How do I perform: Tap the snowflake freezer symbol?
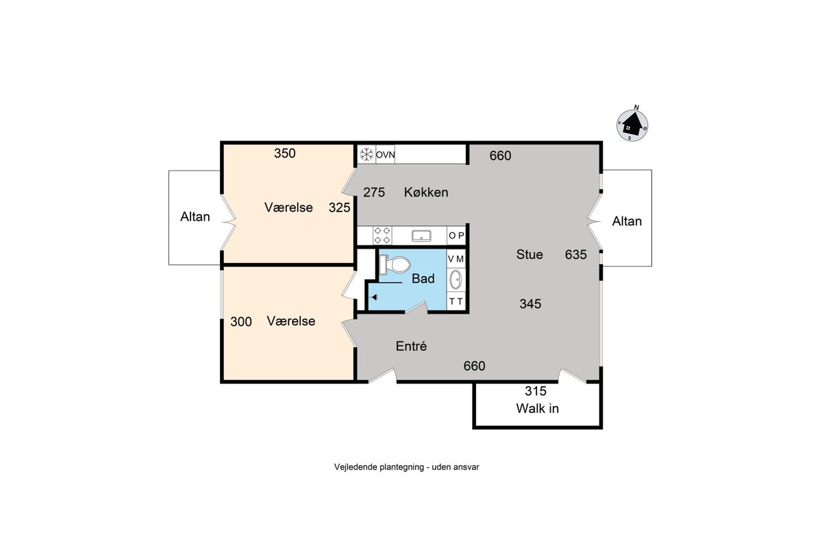tap(366, 154)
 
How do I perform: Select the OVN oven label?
tap(385, 155)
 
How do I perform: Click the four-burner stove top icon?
tap(382, 235)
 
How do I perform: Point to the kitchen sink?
tap(421, 236)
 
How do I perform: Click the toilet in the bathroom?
tap(395, 264)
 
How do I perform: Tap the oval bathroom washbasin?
tap(456, 279)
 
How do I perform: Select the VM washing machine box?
tap(456, 259)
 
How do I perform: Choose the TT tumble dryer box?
tap(456, 301)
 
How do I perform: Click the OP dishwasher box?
tap(456, 236)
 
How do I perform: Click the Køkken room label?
tap(426, 192)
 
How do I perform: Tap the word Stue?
tap(529, 254)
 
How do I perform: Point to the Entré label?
tap(411, 346)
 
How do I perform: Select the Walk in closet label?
tap(537, 408)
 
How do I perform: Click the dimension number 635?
tap(576, 254)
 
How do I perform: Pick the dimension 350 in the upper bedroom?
tap(285, 153)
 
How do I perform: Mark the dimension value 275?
tap(374, 192)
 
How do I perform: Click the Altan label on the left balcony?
tap(195, 216)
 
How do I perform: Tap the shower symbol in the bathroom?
tap(374, 297)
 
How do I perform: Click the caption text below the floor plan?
tap(407, 467)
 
